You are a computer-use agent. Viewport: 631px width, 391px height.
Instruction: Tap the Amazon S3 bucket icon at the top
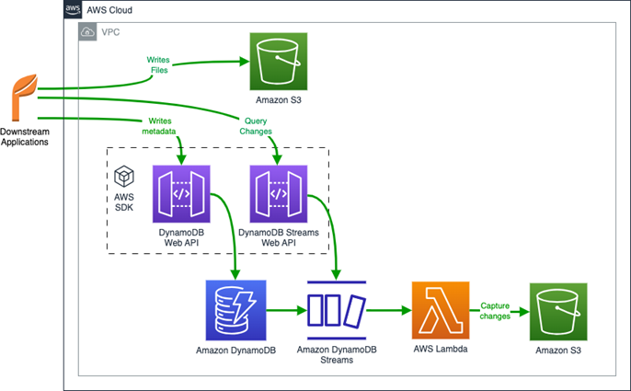(x=278, y=62)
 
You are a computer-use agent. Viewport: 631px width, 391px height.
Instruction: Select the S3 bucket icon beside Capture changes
(x=557, y=311)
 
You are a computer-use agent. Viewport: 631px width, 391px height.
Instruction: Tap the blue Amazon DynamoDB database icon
(x=235, y=311)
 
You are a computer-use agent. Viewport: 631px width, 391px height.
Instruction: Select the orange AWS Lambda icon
(x=442, y=311)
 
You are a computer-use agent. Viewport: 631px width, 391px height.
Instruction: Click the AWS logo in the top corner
(x=74, y=10)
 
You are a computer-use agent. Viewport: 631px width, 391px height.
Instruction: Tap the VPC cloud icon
(x=88, y=31)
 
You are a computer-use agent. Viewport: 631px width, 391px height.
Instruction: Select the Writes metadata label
(x=157, y=126)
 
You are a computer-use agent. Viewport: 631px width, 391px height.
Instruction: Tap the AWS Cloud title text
(x=110, y=10)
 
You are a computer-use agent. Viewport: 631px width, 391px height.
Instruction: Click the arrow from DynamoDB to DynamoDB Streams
(x=286, y=311)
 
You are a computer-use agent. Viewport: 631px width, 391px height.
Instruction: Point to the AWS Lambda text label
(x=442, y=351)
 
